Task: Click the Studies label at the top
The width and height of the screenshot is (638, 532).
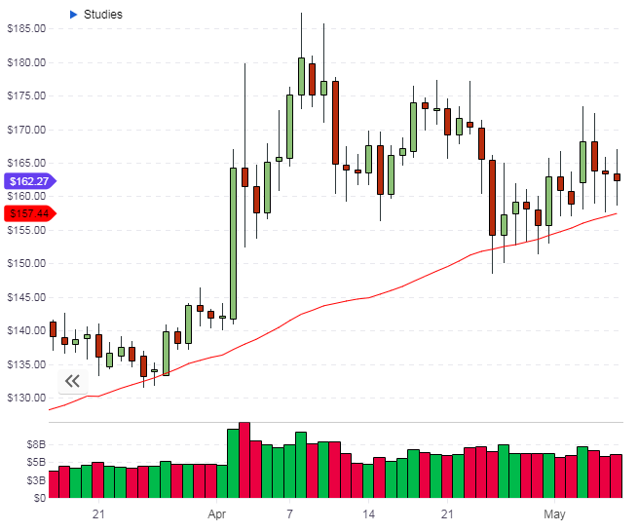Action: (x=103, y=15)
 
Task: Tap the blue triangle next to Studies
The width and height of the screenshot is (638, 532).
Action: (x=73, y=15)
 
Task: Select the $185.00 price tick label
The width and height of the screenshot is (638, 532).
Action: (x=26, y=29)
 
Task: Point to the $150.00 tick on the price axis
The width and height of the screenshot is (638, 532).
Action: (x=26, y=264)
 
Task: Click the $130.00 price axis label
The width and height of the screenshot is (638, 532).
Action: (x=26, y=399)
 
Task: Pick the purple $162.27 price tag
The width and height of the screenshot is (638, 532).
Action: (x=28, y=180)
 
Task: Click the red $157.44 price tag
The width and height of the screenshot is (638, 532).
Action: (x=28, y=213)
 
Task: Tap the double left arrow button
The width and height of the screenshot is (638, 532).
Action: (x=72, y=381)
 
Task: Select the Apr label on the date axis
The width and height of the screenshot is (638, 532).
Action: (x=216, y=513)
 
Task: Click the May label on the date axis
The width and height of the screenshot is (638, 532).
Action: (x=555, y=513)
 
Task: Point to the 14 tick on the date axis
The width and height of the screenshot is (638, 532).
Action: (x=368, y=513)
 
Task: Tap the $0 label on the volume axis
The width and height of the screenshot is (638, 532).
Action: (x=38, y=498)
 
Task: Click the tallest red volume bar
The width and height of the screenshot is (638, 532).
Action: (x=244, y=460)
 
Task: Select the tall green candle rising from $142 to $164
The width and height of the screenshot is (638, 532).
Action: (x=233, y=243)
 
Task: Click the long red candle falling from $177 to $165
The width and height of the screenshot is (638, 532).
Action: (x=335, y=122)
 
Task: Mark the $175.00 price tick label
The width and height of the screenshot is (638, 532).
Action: (x=26, y=96)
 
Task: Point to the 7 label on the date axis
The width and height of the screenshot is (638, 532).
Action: (x=290, y=513)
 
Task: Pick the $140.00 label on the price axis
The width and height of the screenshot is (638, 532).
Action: (x=26, y=331)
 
